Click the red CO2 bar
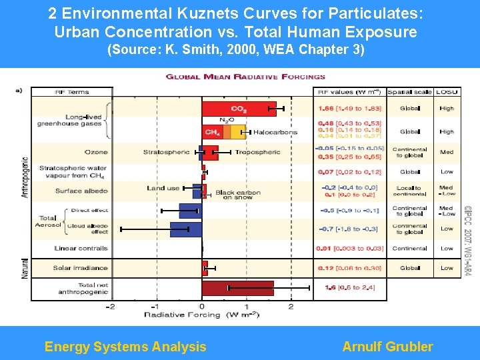[x=238, y=108]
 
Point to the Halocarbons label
[x=275, y=133]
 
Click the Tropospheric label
[x=257, y=153]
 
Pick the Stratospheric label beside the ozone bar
[x=167, y=153]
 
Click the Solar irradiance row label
[x=81, y=268]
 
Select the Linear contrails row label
[x=81, y=249]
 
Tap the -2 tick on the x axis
[x=111, y=307]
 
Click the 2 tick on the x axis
[x=291, y=307]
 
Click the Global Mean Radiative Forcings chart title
[x=245, y=77]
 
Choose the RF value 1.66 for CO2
[x=326, y=108]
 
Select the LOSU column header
[x=446, y=91]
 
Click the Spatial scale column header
[x=409, y=91]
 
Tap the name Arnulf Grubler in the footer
[x=387, y=347]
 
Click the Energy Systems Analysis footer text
[x=125, y=347]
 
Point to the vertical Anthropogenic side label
[x=25, y=177]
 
